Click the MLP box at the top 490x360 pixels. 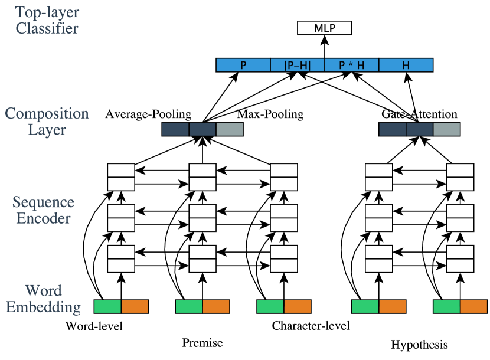click(324, 28)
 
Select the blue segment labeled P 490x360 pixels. click(243, 65)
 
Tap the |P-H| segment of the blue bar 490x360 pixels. click(298, 65)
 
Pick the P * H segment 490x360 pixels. click(351, 65)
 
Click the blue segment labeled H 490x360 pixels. click(406, 65)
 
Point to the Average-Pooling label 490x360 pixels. click(148, 114)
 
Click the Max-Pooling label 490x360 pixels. click(270, 114)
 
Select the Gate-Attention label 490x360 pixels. click(419, 114)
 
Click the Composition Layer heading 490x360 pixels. click(47, 121)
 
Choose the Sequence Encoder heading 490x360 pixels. click(44, 211)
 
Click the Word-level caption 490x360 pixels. click(94, 326)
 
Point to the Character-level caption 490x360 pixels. click(311, 326)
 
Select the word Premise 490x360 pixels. click(202, 343)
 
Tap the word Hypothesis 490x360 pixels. click(419, 344)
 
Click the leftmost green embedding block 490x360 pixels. click(107, 306)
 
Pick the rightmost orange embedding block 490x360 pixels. click(473, 306)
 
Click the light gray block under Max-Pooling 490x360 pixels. click(229, 129)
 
